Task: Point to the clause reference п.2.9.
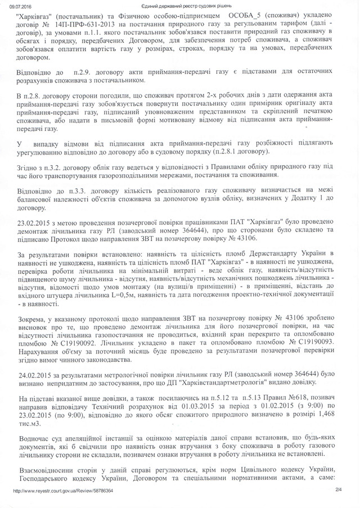(76, 72)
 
